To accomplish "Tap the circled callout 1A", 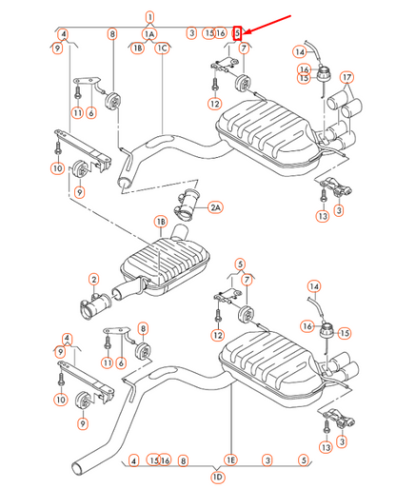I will coord(149,33).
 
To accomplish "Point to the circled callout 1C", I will coord(163,47).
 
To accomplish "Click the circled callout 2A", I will coord(215,206).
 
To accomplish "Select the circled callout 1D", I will coord(218,475).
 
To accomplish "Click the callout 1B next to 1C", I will coord(138,47).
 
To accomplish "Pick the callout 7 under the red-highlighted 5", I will coord(245,48).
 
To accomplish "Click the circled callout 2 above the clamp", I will coord(94,279).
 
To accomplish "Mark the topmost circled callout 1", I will coord(149,16).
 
